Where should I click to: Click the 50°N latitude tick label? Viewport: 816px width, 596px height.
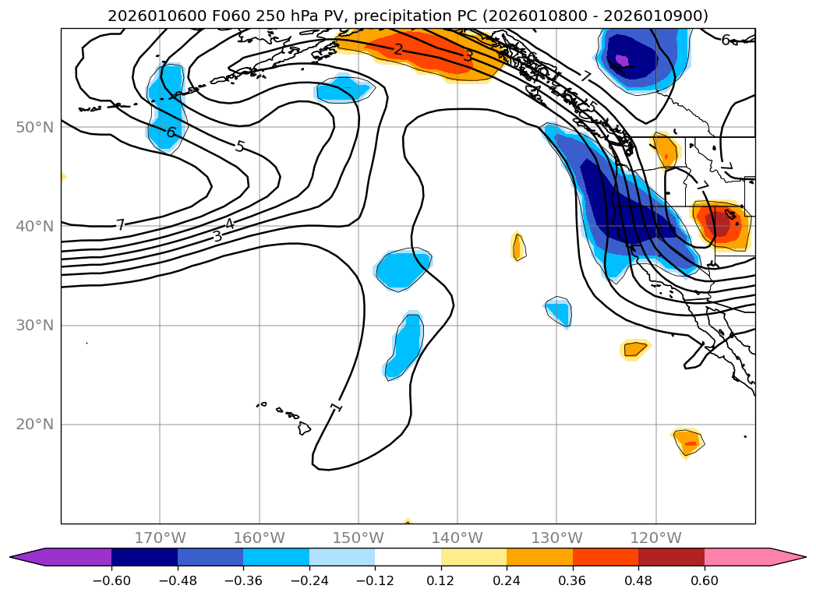pyautogui.click(x=34, y=127)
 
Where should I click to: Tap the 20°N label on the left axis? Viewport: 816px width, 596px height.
pyautogui.click(x=34, y=425)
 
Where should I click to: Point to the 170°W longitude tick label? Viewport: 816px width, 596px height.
pyautogui.click(x=160, y=538)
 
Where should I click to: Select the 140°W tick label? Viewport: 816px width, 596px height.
pyautogui.click(x=457, y=538)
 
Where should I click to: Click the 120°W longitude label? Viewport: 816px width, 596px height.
pyautogui.click(x=655, y=538)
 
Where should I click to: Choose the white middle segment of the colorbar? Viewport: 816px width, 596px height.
pyautogui.click(x=408, y=557)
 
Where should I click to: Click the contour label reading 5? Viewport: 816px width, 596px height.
pyautogui.click(x=240, y=146)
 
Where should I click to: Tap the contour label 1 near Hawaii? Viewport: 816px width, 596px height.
pyautogui.click(x=336, y=407)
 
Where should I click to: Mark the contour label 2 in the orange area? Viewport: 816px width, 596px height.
pyautogui.click(x=398, y=50)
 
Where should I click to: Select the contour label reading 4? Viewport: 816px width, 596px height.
pyautogui.click(x=229, y=224)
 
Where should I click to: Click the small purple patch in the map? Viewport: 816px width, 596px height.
pyautogui.click(x=622, y=59)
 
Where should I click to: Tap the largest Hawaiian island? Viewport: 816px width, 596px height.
pyautogui.click(x=304, y=428)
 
